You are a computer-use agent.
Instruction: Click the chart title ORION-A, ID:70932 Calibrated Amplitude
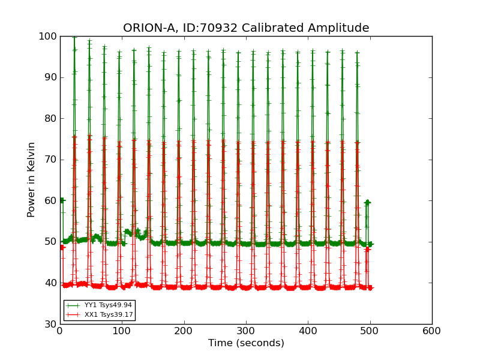tap(246, 28)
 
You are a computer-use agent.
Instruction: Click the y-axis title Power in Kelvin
tap(31, 179)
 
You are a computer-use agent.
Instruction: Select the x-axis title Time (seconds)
tap(246, 343)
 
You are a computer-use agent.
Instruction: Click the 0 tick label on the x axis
tap(60, 331)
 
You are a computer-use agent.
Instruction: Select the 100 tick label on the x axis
tap(122, 331)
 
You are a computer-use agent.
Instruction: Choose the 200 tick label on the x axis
tap(184, 331)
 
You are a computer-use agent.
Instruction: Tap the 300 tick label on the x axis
tap(246, 331)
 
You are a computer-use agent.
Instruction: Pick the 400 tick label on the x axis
tap(308, 331)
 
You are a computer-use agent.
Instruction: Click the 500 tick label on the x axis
tap(370, 331)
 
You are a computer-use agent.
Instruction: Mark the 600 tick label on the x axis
tap(432, 331)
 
